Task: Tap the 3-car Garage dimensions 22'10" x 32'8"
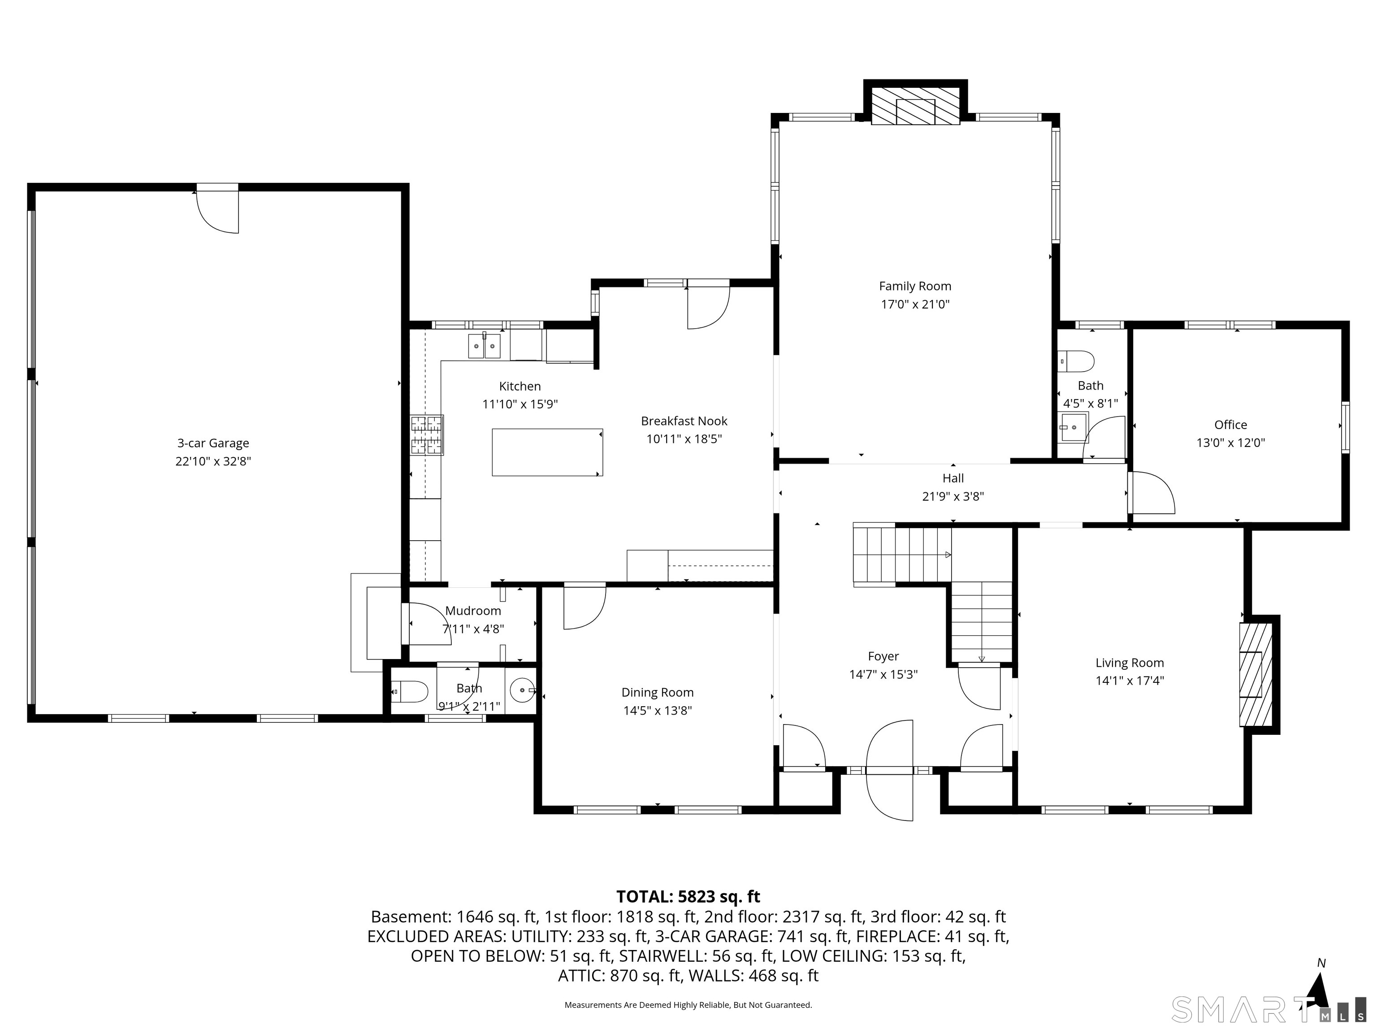(213, 461)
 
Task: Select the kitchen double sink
(484, 346)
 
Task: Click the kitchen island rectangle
(546, 452)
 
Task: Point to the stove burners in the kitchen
(427, 434)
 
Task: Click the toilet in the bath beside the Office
(1076, 360)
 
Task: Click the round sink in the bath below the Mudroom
(522, 690)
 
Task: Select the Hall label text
(953, 478)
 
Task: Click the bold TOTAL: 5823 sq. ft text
(688, 897)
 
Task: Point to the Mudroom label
(472, 611)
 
